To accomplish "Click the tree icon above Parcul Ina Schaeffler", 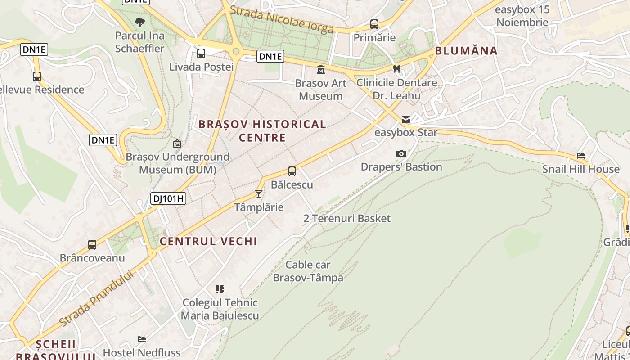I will coord(140,22).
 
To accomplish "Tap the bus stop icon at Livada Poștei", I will coord(201,54).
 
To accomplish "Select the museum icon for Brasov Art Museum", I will coord(321,70).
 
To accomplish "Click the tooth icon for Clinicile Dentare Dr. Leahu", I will coord(396,69).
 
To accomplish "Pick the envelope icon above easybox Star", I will coord(406,119).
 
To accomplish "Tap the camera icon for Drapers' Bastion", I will coord(401,153).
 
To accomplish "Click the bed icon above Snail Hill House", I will coord(581,156).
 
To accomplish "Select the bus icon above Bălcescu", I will coord(292,171).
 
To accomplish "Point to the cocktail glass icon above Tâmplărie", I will coord(259,193).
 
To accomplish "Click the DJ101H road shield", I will coord(168,198).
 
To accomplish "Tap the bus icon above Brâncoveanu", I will coord(92,245).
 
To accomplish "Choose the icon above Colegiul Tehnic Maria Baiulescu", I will coord(220,289).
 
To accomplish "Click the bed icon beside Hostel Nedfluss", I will coord(142,339).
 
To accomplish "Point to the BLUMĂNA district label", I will coord(466,50).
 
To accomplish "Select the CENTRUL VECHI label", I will coord(209,241).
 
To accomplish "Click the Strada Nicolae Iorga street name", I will coord(282,20).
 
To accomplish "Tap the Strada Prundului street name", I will coord(97,298).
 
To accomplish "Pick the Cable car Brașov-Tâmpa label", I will coord(308,271).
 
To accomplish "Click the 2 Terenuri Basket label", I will coord(347,219).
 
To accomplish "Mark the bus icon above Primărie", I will coord(374,24).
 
